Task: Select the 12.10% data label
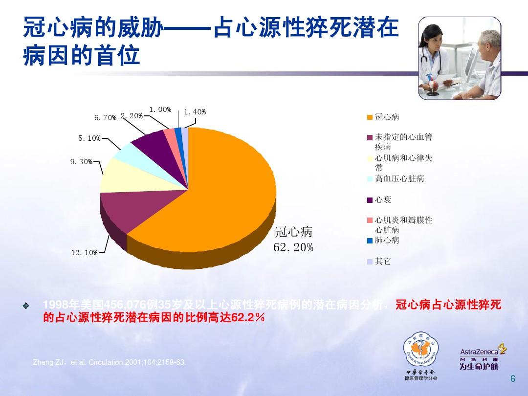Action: (84, 253)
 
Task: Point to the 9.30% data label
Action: (81, 161)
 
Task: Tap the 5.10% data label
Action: (89, 138)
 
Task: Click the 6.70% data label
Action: (105, 118)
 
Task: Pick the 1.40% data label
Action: (195, 112)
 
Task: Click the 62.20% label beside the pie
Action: (293, 248)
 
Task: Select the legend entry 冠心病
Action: (387, 117)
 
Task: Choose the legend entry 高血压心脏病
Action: (399, 179)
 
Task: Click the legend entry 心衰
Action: (383, 200)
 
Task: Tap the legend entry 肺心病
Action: (387, 240)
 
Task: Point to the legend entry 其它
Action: (383, 262)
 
